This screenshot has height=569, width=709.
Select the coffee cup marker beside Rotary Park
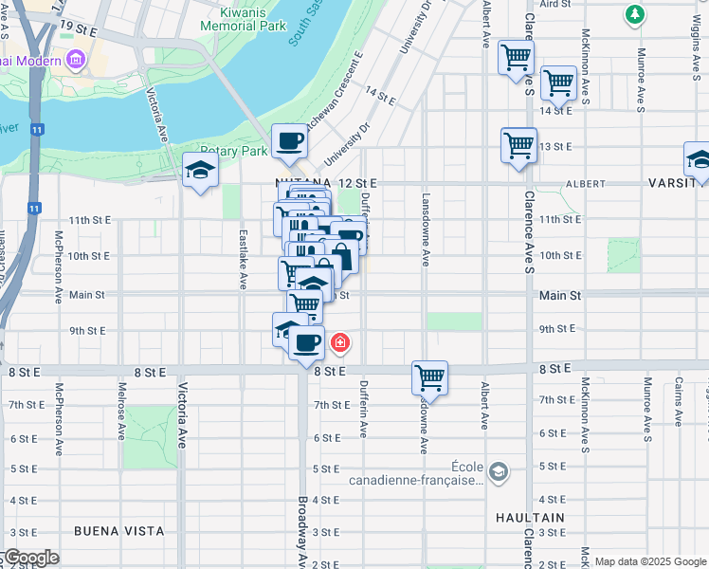pyautogui.click(x=289, y=141)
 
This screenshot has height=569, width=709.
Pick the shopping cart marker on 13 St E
pyautogui.click(x=518, y=146)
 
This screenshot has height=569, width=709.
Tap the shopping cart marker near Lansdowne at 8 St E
pyautogui.click(x=429, y=376)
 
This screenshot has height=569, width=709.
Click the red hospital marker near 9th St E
pyautogui.click(x=338, y=341)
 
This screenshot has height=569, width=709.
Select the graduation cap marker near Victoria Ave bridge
pyautogui.click(x=200, y=170)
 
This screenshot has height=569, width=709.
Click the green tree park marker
pyautogui.click(x=634, y=14)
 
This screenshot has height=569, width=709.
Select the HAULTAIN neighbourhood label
pyautogui.click(x=530, y=518)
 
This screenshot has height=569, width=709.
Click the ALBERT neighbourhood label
pyautogui.click(x=585, y=183)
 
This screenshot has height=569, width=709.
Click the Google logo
pyautogui.click(x=30, y=558)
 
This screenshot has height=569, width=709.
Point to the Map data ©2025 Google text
pyautogui.click(x=650, y=561)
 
